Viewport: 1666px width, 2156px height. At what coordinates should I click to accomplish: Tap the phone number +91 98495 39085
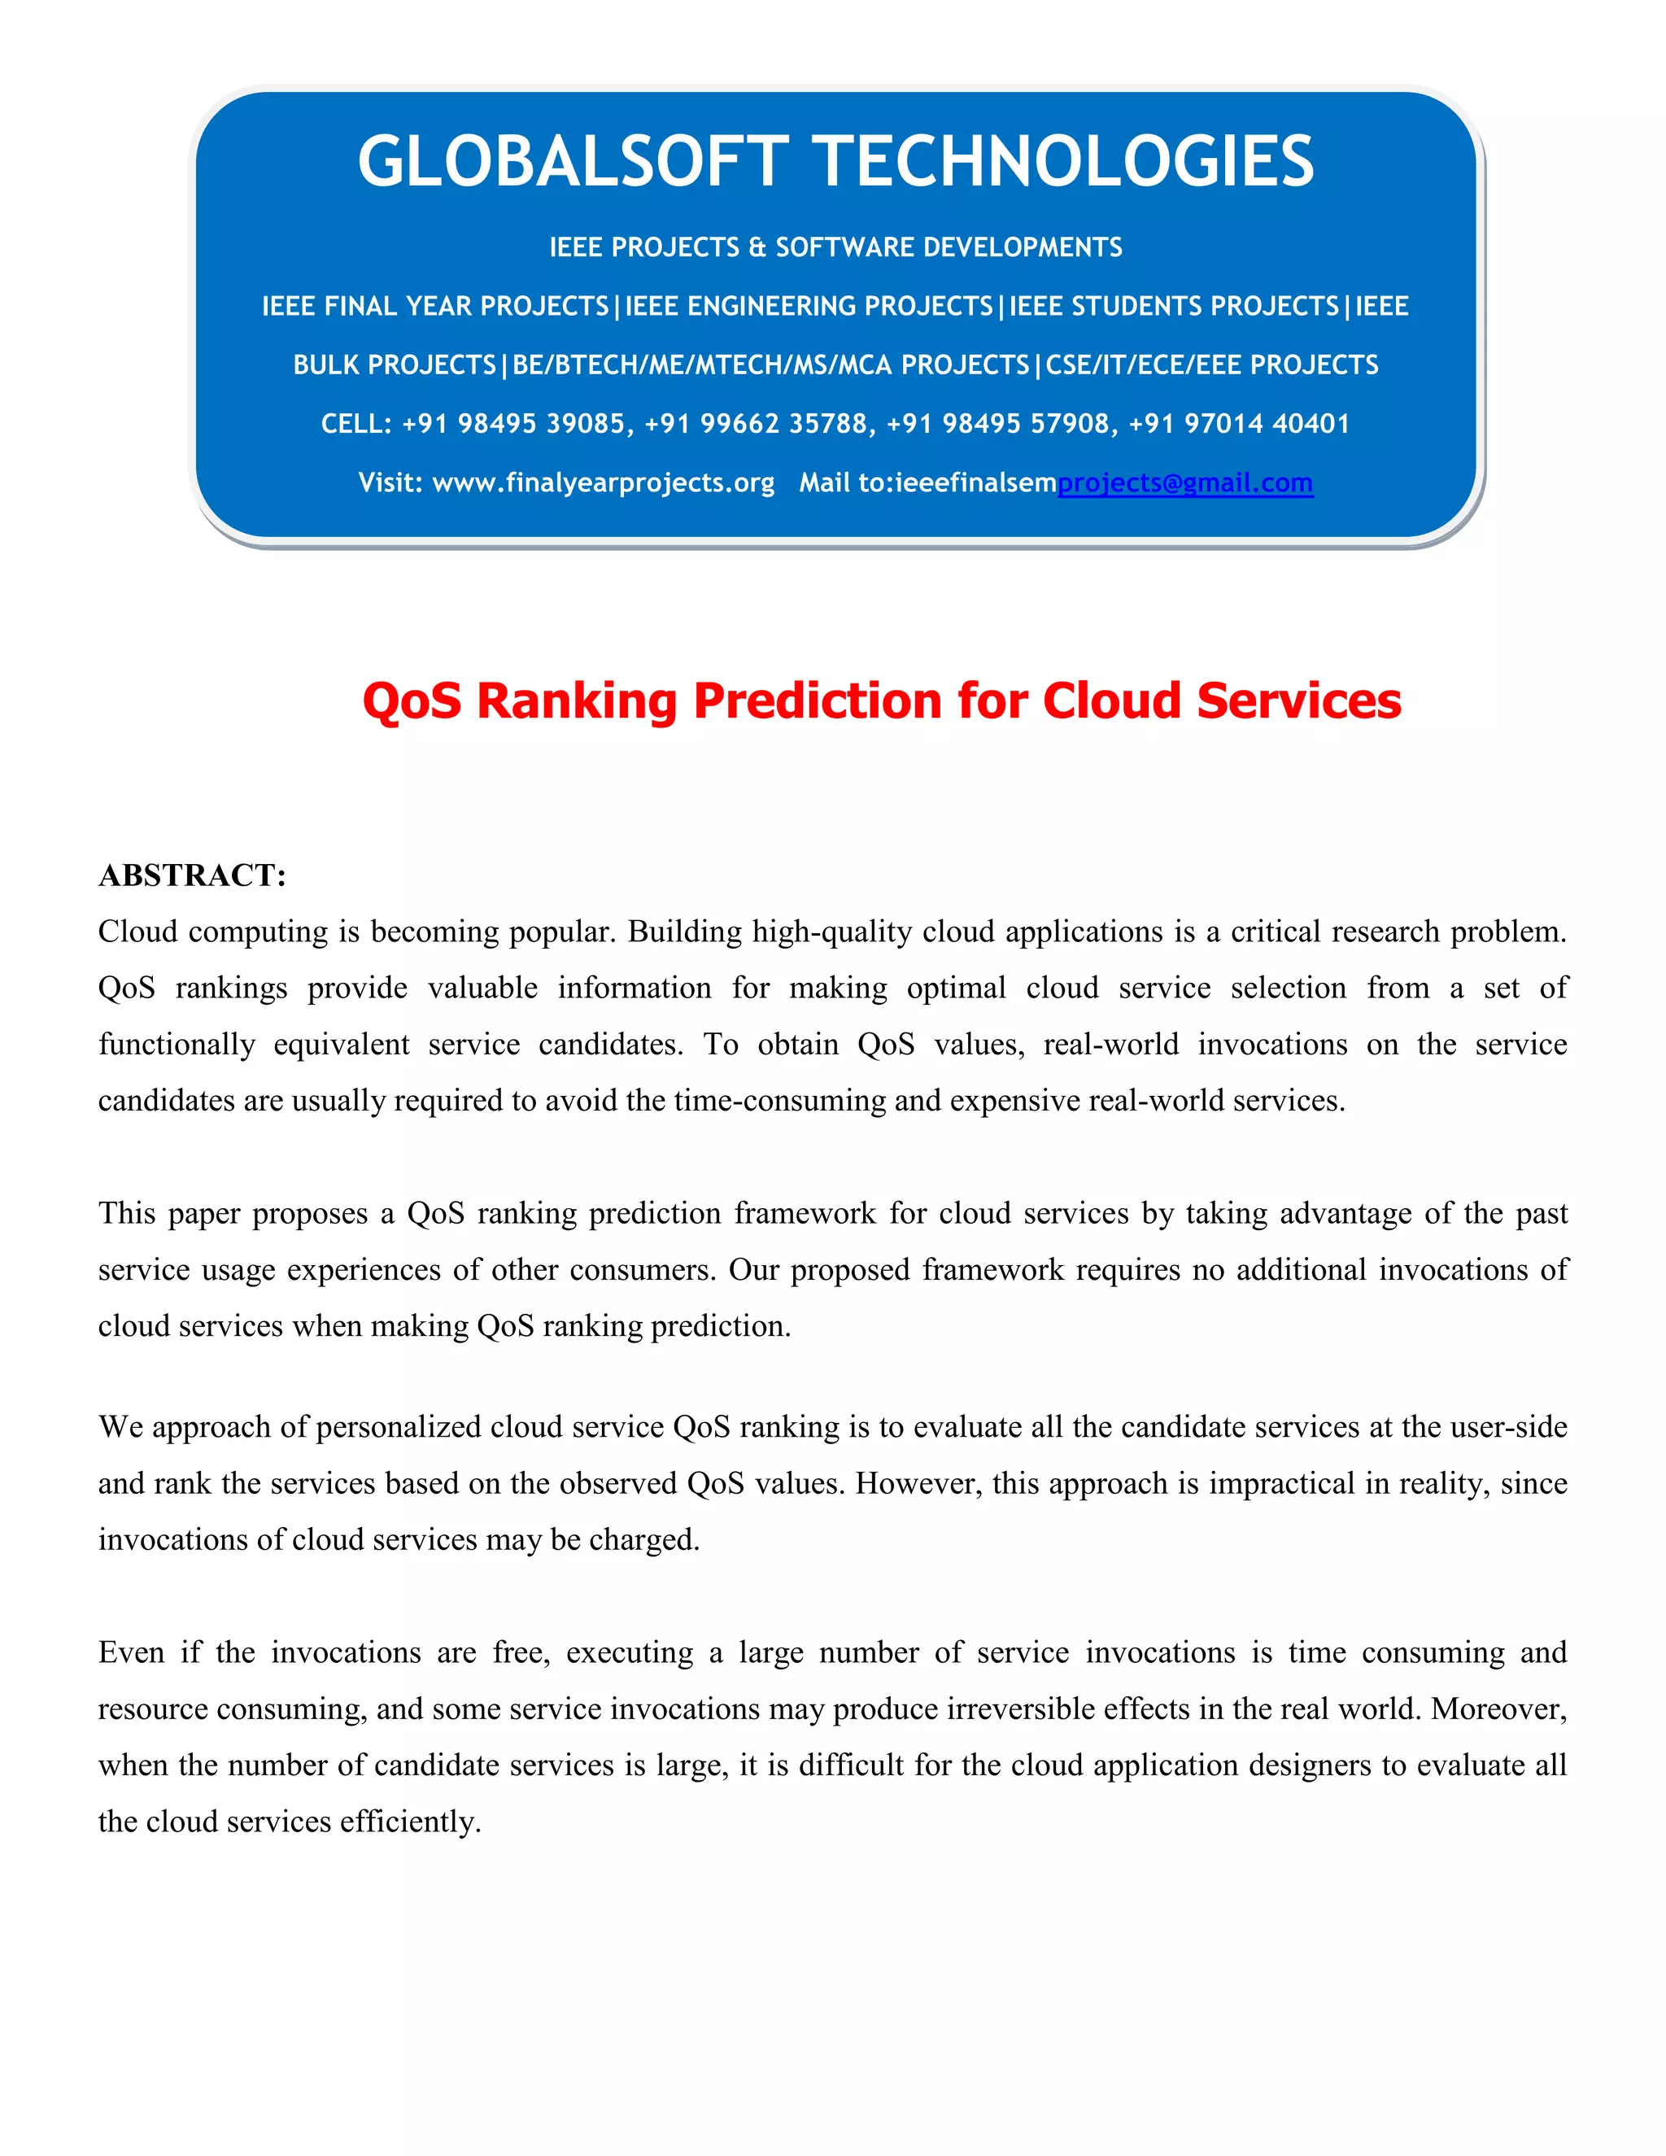pyautogui.click(x=513, y=424)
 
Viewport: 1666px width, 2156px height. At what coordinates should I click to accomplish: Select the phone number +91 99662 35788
pyautogui.click(x=756, y=424)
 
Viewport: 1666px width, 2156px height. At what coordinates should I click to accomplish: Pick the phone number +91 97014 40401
pyautogui.click(x=1239, y=424)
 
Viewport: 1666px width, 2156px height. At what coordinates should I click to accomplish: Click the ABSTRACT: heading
pyautogui.click(x=193, y=875)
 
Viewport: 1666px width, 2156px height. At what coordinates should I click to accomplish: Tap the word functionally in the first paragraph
pyautogui.click(x=177, y=1045)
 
